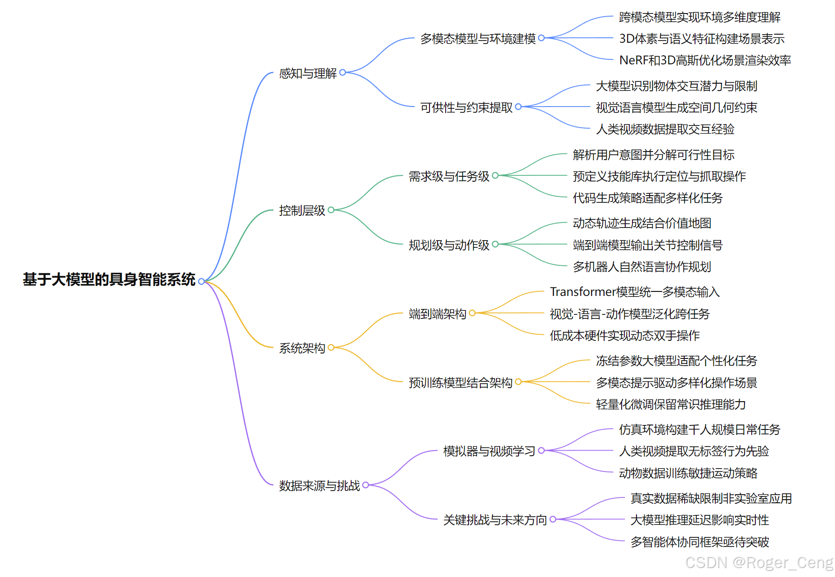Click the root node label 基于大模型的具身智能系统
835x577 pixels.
[109, 280]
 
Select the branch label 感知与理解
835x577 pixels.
[307, 73]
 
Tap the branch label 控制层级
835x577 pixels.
[302, 210]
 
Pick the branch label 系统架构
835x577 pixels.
[302, 348]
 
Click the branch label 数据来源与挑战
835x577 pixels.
[319, 486]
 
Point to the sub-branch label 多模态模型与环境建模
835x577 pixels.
[478, 39]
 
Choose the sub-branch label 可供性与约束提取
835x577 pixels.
[466, 107]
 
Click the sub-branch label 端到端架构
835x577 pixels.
[437, 314]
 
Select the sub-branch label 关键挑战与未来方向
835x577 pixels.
[495, 520]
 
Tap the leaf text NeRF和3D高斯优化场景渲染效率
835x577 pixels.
[705, 60]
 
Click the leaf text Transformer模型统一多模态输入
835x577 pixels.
[635, 292]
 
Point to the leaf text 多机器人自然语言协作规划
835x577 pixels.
[642, 267]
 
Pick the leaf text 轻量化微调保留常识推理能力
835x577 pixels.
[671, 404]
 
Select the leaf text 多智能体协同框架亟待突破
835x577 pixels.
[700, 542]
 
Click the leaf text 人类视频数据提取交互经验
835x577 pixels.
[665, 130]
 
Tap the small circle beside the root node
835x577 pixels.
[201, 282]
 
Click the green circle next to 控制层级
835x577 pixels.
[331, 210]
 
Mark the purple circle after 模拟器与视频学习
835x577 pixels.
[542, 450]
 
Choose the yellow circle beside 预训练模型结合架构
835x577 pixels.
[518, 382]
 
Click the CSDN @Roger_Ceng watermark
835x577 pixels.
[759, 563]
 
